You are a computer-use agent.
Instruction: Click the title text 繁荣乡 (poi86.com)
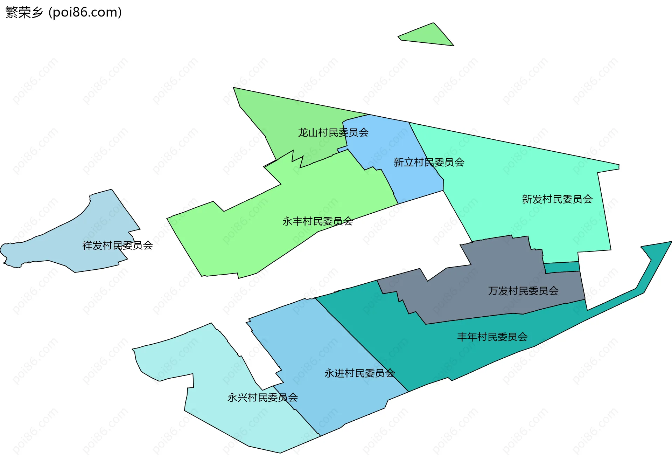tap(63, 12)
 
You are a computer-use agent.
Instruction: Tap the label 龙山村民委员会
tap(333, 132)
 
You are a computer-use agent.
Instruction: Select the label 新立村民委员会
tap(429, 162)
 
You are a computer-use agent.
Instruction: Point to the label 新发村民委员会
tap(557, 199)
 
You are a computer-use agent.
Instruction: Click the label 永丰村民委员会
tap(317, 221)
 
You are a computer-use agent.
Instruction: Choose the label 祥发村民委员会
tap(117, 245)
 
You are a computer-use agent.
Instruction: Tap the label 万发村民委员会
tap(523, 290)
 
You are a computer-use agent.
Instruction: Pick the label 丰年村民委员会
tap(492, 337)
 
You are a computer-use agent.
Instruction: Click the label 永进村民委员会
tap(359, 373)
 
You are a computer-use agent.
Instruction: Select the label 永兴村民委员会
tap(262, 397)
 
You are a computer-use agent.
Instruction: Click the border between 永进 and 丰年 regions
tap(362, 345)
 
